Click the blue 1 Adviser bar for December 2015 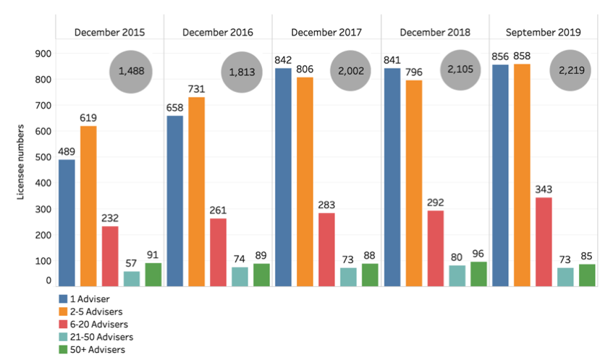(67, 222)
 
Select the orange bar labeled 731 (197, 191)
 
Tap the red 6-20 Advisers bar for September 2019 (544, 241)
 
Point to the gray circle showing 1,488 (131, 72)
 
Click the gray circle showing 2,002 (350, 72)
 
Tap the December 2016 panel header (217, 33)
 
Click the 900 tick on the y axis (43, 54)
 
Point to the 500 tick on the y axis (43, 157)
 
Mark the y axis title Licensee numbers (23, 162)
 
